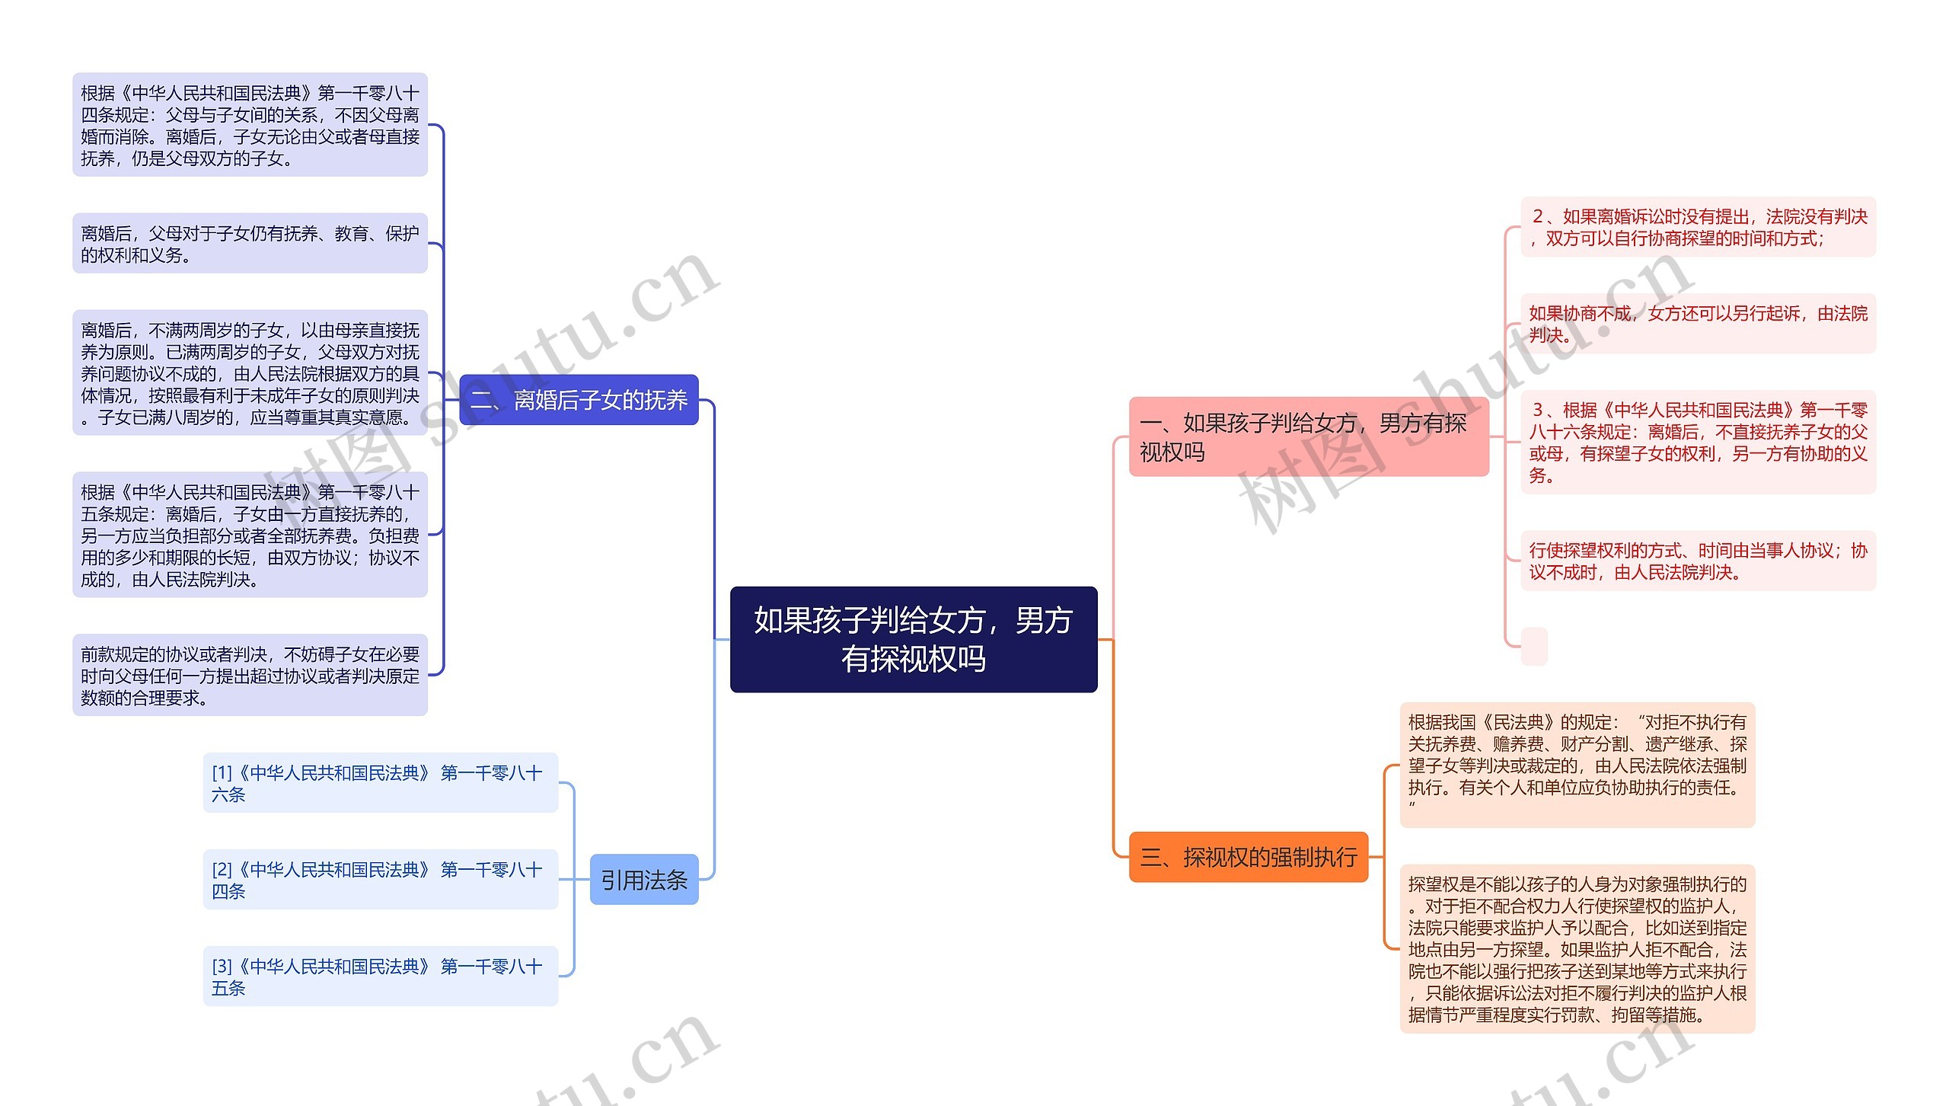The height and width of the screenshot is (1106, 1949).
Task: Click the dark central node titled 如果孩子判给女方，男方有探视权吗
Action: click(x=913, y=639)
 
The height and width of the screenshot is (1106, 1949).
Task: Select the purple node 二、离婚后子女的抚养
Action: click(x=579, y=400)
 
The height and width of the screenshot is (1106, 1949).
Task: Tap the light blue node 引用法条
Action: click(x=644, y=880)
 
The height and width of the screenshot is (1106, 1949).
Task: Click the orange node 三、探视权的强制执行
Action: click(x=1248, y=857)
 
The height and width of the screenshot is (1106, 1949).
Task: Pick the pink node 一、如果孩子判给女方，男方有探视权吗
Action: click(x=1308, y=437)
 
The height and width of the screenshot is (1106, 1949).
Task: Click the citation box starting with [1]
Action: click(x=380, y=783)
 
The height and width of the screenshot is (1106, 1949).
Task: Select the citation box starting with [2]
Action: click(x=380, y=880)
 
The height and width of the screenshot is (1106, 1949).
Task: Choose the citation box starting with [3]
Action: click(x=380, y=977)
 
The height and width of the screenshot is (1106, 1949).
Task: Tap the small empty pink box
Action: click(x=1533, y=646)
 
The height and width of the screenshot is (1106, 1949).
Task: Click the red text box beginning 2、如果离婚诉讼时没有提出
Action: click(x=1698, y=227)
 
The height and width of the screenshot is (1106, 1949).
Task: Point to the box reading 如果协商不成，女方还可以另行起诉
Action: click(x=1698, y=324)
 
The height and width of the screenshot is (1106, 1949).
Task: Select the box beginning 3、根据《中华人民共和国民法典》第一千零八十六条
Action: click(x=1698, y=442)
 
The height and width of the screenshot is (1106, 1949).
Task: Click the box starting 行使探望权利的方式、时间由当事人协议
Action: click(x=1698, y=561)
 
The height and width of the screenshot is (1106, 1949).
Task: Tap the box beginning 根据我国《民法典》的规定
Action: click(x=1577, y=765)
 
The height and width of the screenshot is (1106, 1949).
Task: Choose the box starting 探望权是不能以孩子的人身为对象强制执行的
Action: click(x=1577, y=948)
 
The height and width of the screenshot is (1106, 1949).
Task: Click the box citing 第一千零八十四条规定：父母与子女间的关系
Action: click(x=250, y=125)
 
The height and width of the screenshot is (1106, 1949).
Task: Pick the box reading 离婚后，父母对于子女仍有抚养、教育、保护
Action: click(x=250, y=244)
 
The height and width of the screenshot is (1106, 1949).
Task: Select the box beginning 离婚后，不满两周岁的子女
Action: click(x=250, y=372)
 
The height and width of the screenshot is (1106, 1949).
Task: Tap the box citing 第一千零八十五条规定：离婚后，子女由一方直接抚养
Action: click(x=250, y=535)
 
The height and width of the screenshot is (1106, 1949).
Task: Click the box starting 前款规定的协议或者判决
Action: click(x=250, y=675)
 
